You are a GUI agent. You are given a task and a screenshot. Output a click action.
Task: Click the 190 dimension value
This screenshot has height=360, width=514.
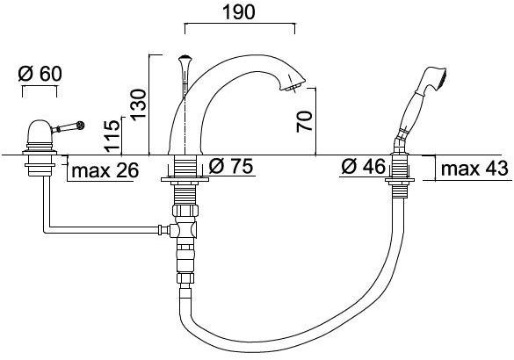[238, 12]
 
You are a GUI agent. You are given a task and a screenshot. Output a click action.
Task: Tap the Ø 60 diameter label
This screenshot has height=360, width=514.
[40, 74]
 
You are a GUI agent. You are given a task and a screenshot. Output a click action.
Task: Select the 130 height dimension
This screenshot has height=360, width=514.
[139, 104]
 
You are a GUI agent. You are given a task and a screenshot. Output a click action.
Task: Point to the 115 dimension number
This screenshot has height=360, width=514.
[112, 136]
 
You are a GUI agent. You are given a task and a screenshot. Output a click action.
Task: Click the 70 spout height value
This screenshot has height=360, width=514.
[305, 121]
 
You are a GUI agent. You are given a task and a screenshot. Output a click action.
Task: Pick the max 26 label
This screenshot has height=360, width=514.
[105, 170]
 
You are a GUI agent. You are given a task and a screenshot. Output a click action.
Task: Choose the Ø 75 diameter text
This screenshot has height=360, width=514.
[231, 166]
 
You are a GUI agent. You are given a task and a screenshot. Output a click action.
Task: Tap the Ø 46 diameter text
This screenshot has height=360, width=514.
[364, 167]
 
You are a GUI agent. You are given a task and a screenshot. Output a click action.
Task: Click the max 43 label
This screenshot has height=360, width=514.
[474, 169]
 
